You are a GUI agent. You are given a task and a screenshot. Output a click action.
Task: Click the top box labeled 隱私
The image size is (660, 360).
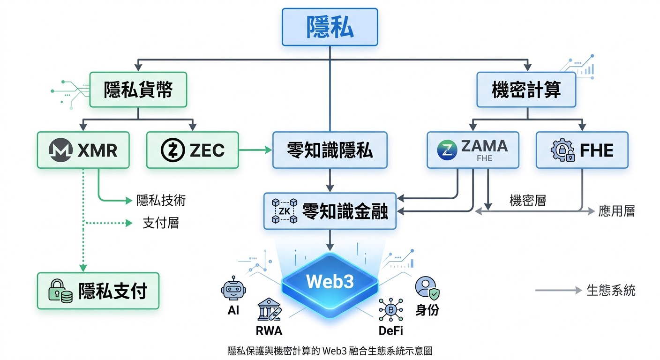pyautogui.click(x=330, y=27)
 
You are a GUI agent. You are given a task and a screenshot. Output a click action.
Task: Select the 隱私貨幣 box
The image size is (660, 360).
pyautogui.click(x=138, y=90)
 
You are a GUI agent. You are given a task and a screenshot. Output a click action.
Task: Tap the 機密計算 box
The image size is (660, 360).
pyautogui.click(x=526, y=90)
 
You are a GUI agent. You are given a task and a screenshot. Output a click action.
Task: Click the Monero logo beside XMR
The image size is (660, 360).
pyautogui.click(x=60, y=150)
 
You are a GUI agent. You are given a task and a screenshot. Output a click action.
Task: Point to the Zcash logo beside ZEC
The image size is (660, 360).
pyautogui.click(x=173, y=150)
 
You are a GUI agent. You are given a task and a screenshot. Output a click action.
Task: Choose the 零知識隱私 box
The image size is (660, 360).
pyautogui.click(x=330, y=150)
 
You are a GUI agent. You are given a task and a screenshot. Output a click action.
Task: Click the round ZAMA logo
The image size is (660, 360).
pyautogui.click(x=447, y=150)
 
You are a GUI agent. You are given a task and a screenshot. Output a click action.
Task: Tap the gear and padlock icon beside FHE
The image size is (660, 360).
pyautogui.click(x=563, y=150)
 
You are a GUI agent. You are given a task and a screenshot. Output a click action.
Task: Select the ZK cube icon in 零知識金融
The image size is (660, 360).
pyautogui.click(x=285, y=211)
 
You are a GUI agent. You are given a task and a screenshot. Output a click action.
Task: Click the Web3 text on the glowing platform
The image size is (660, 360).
pyautogui.click(x=330, y=281)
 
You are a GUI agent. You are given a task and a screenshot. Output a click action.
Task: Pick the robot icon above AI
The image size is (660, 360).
pyautogui.click(x=233, y=288)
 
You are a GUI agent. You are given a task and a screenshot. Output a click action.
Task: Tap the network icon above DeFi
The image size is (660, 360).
pyautogui.click(x=390, y=309)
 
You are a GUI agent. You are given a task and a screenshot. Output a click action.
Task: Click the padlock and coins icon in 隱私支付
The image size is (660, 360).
pyautogui.click(x=60, y=291)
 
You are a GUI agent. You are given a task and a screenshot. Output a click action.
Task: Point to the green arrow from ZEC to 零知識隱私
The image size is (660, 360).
pyautogui.click(x=255, y=150)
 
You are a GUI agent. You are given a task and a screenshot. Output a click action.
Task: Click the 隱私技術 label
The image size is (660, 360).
pyautogui.click(x=161, y=200)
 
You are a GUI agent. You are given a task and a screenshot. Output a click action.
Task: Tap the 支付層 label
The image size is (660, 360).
pyautogui.click(x=161, y=223)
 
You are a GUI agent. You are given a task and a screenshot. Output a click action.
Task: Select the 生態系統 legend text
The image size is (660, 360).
pyautogui.click(x=611, y=290)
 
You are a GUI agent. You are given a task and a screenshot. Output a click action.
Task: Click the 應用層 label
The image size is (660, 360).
pyautogui.click(x=616, y=211)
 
